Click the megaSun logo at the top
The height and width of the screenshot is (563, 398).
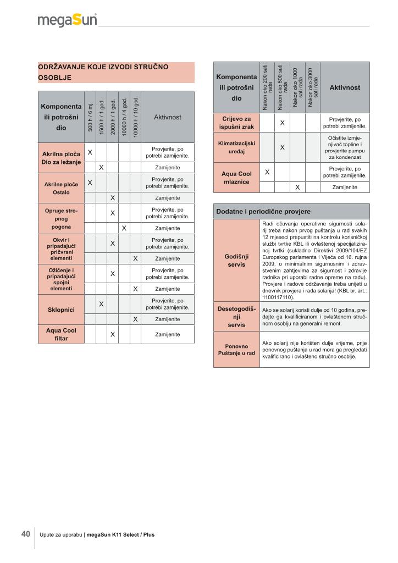[x=67, y=21]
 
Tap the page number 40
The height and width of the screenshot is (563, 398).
[x=26, y=534]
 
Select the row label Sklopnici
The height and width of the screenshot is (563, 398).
[x=62, y=310]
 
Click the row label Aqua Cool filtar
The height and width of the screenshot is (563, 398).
[x=62, y=334]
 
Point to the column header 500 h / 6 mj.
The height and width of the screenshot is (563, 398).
[x=90, y=117]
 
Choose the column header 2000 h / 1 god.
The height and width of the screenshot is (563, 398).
[x=112, y=117]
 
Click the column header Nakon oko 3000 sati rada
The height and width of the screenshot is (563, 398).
[x=312, y=87]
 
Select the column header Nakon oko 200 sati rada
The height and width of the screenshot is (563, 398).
[x=267, y=87]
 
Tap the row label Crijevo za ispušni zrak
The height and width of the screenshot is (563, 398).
[x=236, y=123]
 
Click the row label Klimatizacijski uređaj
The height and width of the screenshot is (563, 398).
[x=236, y=147]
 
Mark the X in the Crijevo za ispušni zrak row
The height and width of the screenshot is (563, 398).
[x=282, y=123]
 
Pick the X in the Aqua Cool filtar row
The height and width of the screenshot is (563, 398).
[x=112, y=334]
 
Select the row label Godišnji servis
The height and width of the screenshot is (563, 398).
[x=236, y=261]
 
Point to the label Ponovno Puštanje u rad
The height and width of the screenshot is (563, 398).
[x=236, y=350]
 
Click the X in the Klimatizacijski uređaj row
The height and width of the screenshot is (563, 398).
[x=282, y=147]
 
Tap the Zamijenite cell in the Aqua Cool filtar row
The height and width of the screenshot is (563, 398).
[x=168, y=334]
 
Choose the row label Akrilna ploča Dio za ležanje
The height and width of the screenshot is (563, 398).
[x=62, y=157]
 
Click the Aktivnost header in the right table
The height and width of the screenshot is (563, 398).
[x=345, y=87]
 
